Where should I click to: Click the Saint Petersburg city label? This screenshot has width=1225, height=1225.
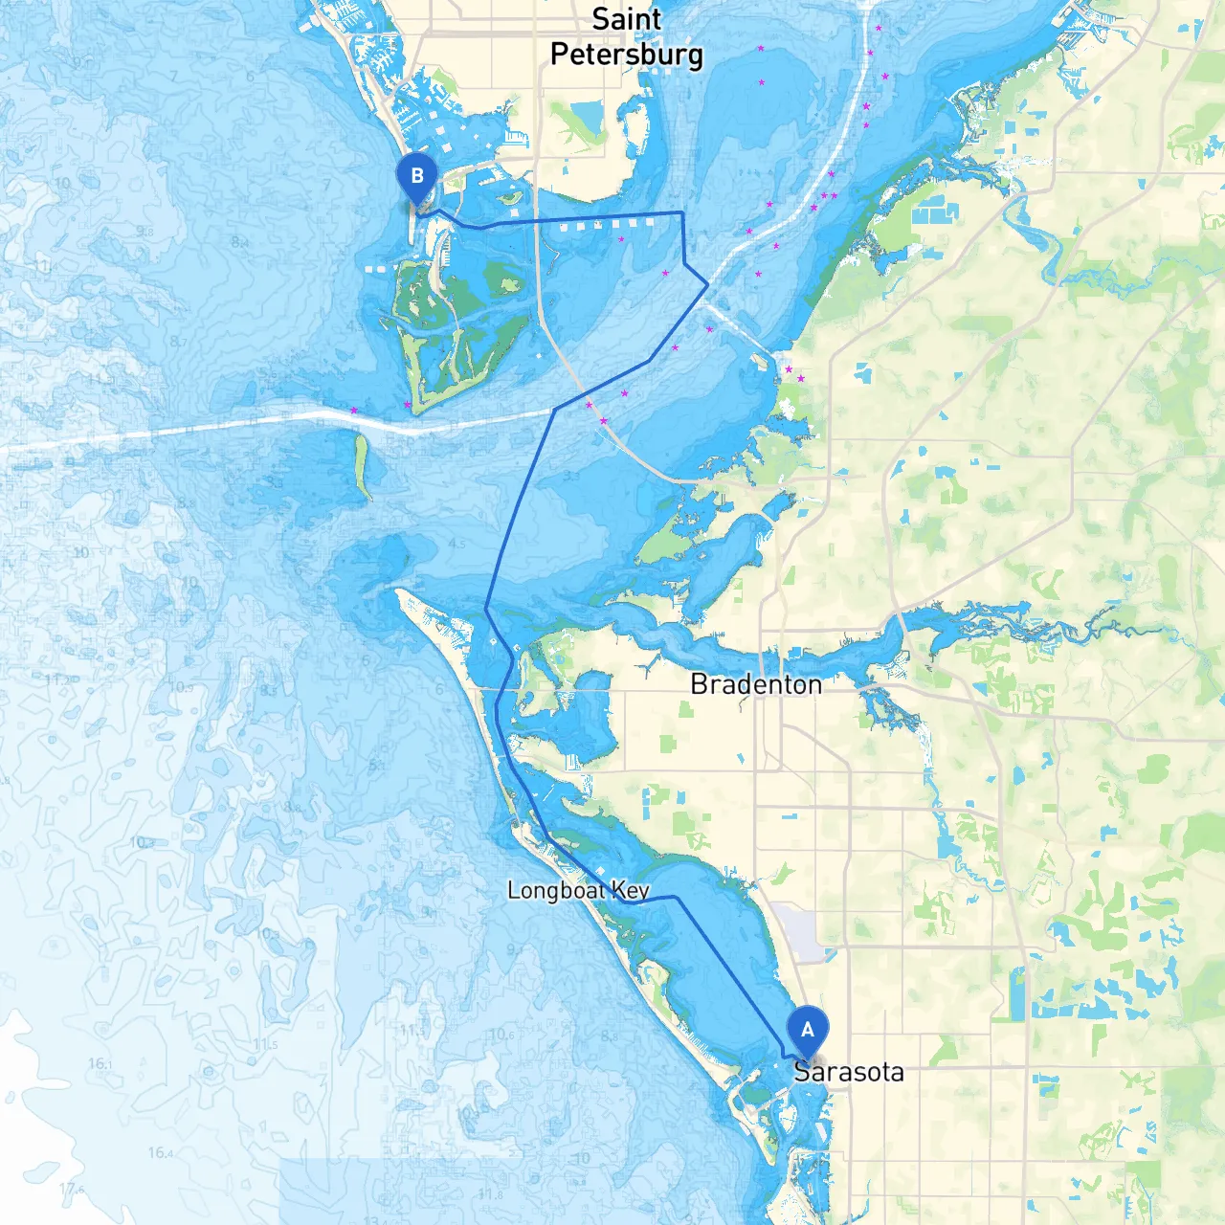627,36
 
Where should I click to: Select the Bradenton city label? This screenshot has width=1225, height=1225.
756,685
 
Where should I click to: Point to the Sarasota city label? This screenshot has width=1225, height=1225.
849,1072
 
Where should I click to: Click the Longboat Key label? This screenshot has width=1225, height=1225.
578,891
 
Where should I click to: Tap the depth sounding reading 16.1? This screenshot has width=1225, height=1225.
100,1063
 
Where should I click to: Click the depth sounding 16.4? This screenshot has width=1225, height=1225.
161,1152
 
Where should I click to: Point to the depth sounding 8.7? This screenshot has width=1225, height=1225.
178,341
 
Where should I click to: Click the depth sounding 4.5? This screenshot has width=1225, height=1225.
457,544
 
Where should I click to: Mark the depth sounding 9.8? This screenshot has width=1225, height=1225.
145,232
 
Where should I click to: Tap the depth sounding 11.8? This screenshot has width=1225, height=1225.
490,1194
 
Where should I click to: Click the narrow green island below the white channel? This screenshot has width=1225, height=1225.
362,466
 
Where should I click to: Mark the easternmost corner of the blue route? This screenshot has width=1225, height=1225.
707,284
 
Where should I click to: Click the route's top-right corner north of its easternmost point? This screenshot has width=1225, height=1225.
681,212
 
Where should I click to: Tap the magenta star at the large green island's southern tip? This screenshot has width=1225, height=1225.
409,406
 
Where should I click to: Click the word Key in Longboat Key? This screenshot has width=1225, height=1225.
631,891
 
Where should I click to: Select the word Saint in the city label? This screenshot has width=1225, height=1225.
627,19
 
